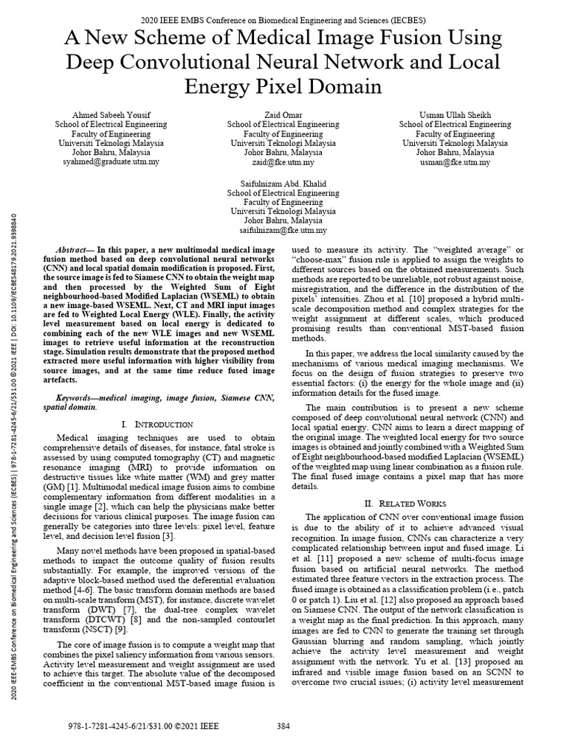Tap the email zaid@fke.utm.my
click(283, 162)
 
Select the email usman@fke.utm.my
click(455, 162)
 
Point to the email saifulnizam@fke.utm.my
click(283, 231)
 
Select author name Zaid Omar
click(283, 115)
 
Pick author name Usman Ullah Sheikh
click(455, 115)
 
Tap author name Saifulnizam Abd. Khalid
click(283, 183)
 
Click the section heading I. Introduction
click(157, 425)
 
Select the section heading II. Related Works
click(405, 504)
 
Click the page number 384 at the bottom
click(283, 726)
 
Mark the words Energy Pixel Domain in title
click(283, 87)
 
